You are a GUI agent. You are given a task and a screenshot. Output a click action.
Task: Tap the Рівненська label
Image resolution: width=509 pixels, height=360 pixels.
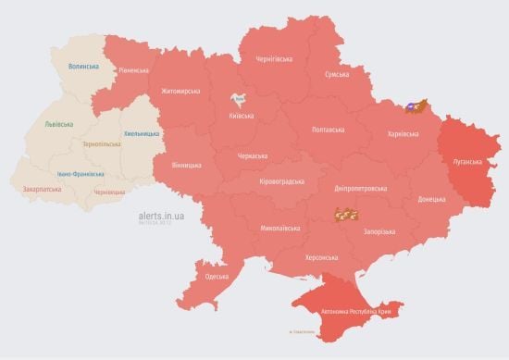click(x=133, y=70)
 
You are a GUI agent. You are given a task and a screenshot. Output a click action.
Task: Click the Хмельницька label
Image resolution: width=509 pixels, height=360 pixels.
click(x=142, y=133)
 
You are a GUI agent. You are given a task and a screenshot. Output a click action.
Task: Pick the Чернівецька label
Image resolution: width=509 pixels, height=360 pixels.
click(x=109, y=192)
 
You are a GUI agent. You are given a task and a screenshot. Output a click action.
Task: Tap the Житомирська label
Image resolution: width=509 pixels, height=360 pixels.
click(x=180, y=91)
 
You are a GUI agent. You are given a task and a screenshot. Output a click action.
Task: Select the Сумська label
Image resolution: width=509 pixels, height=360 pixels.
click(x=336, y=74)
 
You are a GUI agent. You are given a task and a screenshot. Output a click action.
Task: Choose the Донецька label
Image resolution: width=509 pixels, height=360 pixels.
click(x=431, y=198)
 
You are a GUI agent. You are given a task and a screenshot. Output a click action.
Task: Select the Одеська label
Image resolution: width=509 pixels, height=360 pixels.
click(x=217, y=277)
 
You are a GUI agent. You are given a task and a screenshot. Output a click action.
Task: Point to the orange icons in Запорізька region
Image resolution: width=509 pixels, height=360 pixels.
click(x=346, y=216)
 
